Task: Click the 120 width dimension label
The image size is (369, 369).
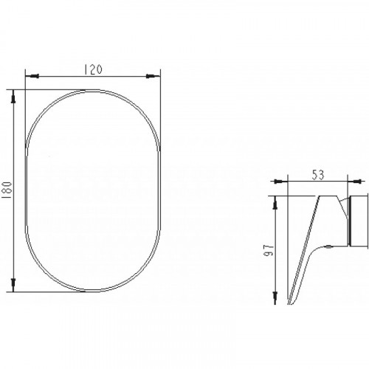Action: (93, 69)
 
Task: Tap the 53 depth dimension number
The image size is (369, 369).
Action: (318, 175)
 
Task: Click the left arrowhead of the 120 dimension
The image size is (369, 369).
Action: (32, 76)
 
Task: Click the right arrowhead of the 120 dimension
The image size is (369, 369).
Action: (153, 76)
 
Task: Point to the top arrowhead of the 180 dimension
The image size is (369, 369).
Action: (14, 97)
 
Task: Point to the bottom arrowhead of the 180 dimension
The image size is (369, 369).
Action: (14, 285)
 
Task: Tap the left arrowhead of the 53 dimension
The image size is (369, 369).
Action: (280, 182)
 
